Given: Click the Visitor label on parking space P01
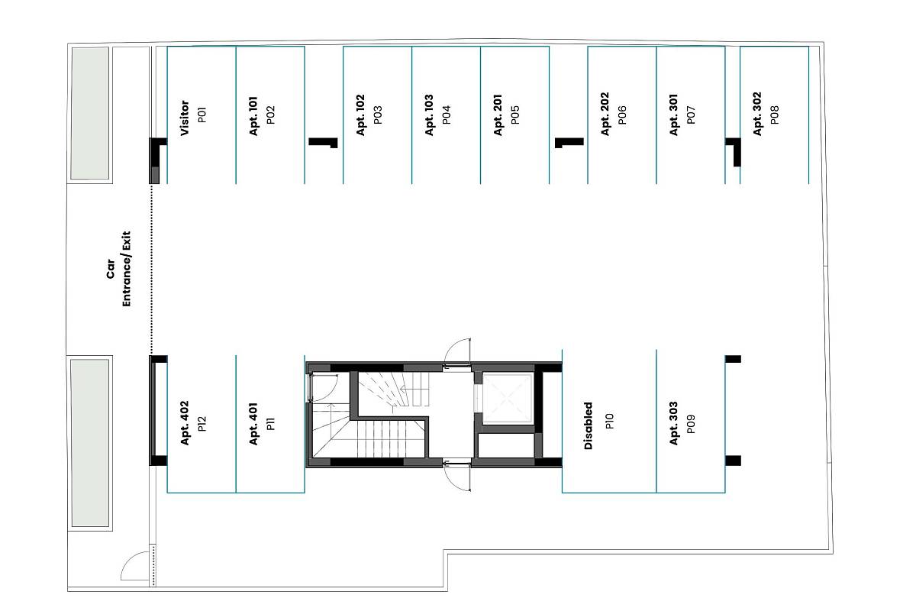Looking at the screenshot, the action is pos(185,118).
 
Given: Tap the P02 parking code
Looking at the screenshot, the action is pos(271,115).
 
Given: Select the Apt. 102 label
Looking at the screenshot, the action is pos(360,115).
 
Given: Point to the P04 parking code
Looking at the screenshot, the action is pos(447,115).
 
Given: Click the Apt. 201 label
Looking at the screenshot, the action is pos(498,115).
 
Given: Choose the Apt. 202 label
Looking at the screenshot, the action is pos(605,114).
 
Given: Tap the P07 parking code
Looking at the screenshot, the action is pos(691,115).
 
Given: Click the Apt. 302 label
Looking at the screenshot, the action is pos(757,114).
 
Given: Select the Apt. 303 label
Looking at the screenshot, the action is pos(673,423).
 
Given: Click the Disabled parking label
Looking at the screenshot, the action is pos(589,425).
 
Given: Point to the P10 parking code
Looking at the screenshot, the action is pos(609,421).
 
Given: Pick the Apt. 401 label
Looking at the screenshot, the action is pos(253,424).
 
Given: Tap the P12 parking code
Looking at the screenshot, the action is pos(202,424).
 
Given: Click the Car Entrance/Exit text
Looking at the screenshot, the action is pos(119,269).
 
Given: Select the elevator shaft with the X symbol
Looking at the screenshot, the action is pos(507,398).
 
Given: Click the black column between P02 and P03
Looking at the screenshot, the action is pos(323,142).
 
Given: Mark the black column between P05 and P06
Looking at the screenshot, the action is pos(569,142).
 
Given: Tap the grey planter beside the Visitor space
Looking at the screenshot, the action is pos(90,113).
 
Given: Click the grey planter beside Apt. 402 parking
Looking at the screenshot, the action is pos(90,443).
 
